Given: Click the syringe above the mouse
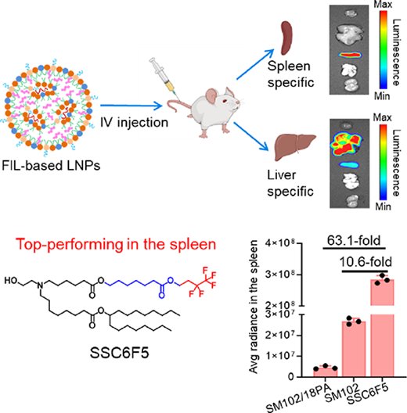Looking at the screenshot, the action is (164, 78).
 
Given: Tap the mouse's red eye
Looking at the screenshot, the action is (225, 100).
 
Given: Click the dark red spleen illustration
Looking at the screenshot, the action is (285, 38).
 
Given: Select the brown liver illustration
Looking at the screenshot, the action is (295, 147).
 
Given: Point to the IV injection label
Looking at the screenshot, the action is (134, 123).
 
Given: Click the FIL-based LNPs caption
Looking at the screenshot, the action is (51, 166).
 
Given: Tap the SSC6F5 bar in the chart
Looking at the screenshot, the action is (382, 328).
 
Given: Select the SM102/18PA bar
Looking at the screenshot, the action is (326, 372).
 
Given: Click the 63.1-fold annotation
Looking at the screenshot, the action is (354, 240).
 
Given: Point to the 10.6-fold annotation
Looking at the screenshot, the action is (366, 262).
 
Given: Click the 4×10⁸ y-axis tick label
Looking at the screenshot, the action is (279, 243).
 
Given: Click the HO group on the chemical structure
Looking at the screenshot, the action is (11, 281).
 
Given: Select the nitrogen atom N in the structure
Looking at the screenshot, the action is (40, 285).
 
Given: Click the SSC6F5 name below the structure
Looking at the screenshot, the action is (119, 353).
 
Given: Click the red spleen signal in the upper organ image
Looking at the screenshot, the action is (350, 55).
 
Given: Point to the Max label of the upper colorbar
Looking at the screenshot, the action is (383, 5).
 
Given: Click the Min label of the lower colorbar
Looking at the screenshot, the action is (383, 206).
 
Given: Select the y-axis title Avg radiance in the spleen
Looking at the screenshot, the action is (254, 307).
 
